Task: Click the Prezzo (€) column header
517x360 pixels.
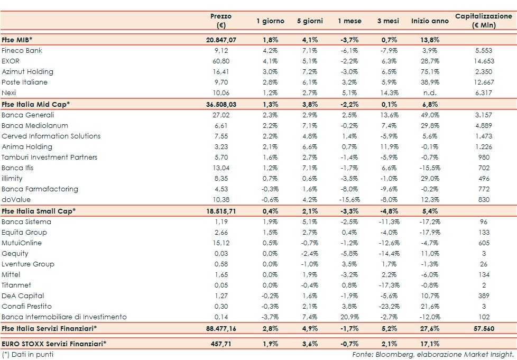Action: click(221, 21)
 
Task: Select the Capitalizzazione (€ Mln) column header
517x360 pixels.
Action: click(483, 21)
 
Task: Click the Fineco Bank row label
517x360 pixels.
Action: click(22, 51)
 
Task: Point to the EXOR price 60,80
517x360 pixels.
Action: click(221, 61)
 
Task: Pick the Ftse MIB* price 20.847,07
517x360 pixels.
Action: click(221, 40)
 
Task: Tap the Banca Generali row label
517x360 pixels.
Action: click(28, 115)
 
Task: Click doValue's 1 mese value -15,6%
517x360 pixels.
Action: click(349, 200)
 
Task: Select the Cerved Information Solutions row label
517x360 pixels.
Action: click(51, 136)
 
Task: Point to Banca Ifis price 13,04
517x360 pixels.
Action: click(221, 168)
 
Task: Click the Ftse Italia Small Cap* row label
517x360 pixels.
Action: click(39, 211)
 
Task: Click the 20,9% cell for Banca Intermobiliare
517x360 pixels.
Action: click(349, 317)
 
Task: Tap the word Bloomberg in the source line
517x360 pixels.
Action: click(395, 354)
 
